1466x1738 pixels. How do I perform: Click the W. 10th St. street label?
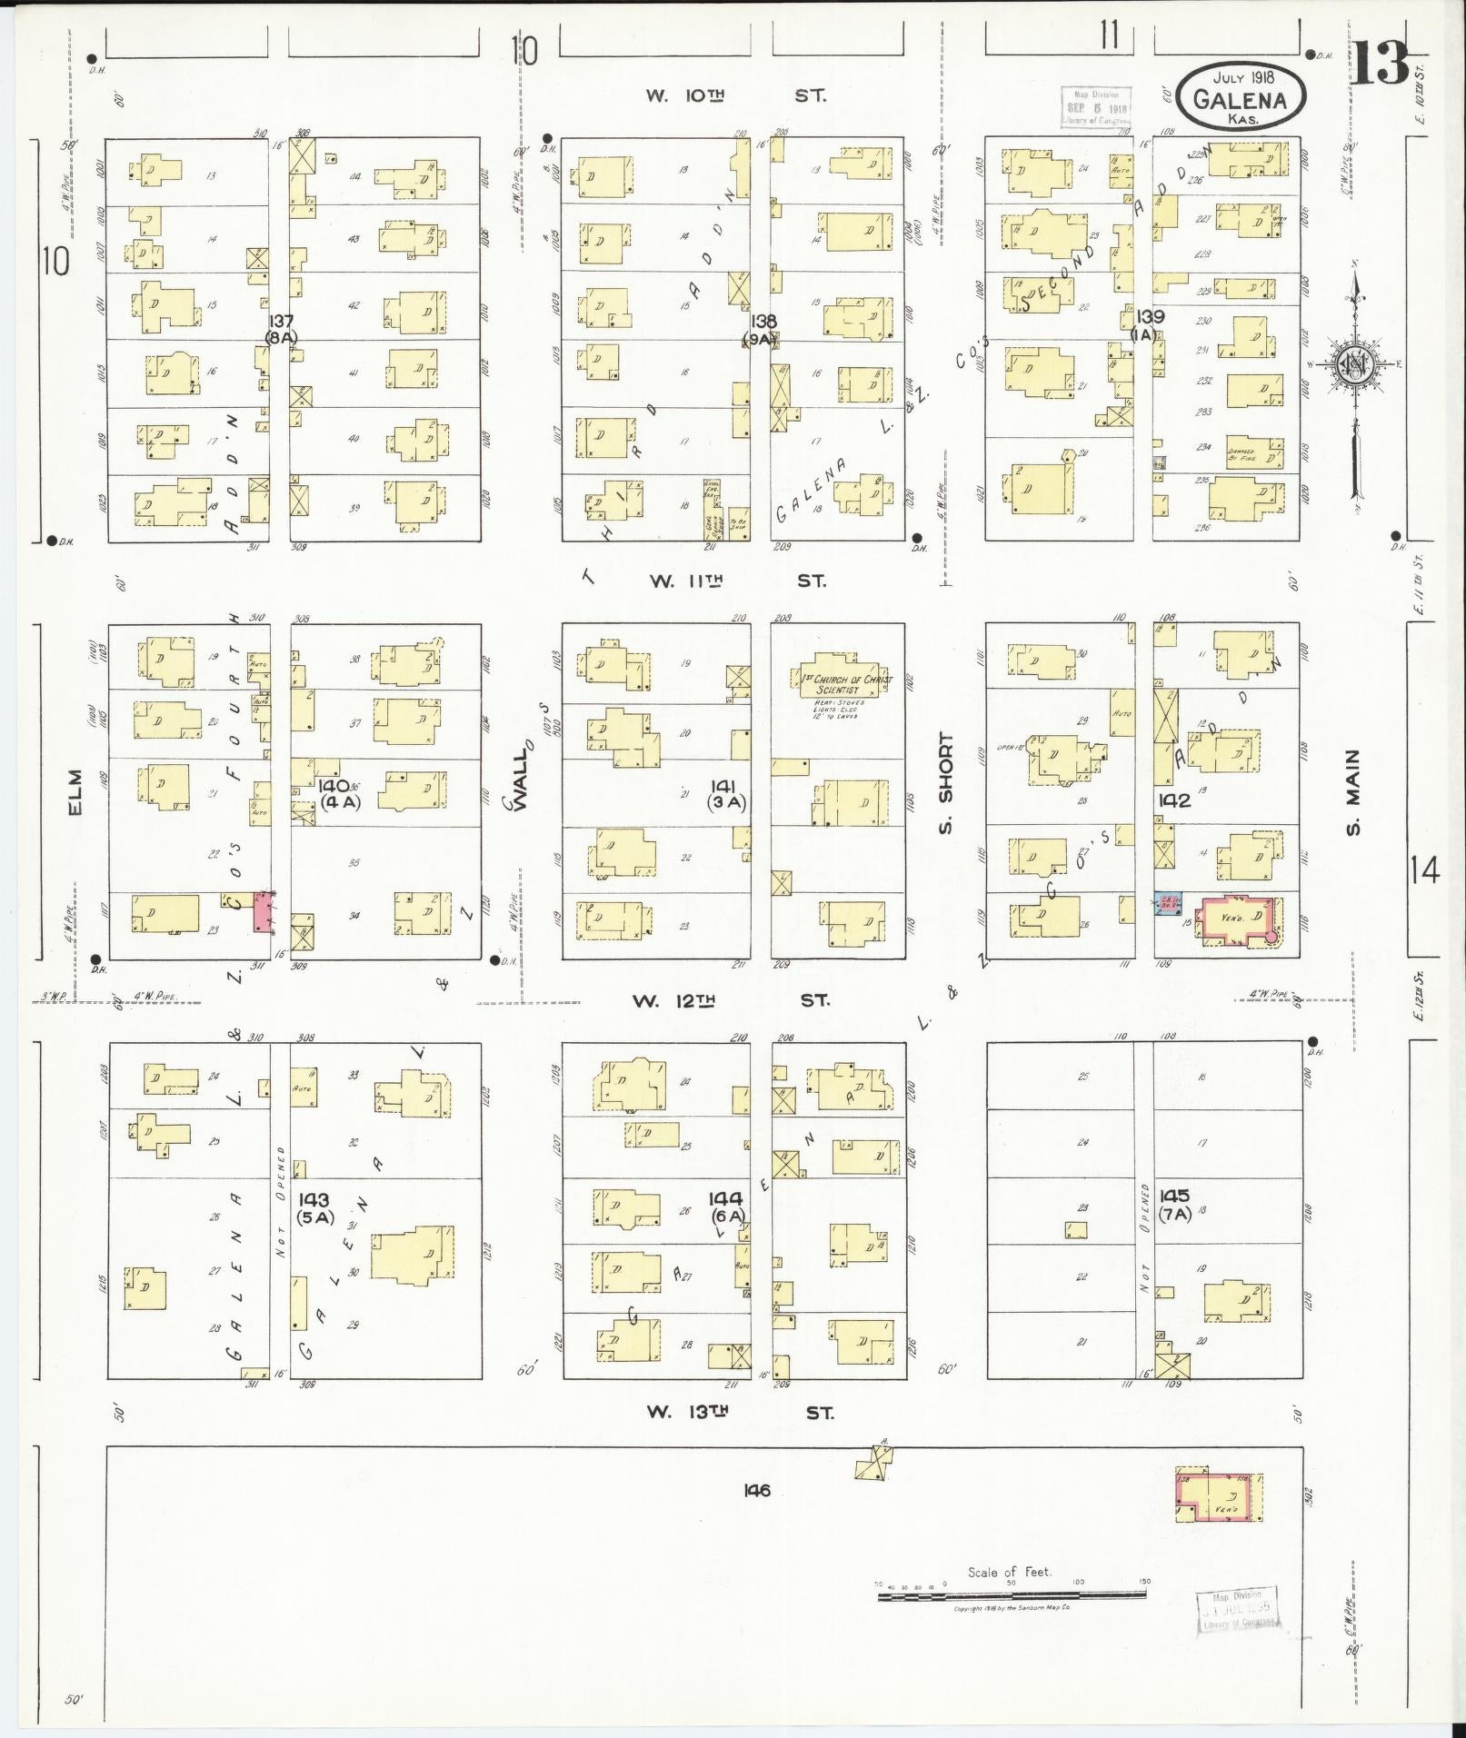[736, 94]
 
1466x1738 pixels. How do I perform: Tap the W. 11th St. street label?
[737, 581]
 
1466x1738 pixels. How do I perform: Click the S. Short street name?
[946, 783]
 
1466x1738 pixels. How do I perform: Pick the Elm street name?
[75, 792]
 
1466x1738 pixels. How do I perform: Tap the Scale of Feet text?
[1009, 1572]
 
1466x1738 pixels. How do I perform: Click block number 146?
[756, 1490]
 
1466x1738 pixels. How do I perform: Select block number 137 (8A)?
[281, 329]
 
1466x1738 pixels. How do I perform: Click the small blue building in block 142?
[1166, 905]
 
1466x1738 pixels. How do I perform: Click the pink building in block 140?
[264, 911]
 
